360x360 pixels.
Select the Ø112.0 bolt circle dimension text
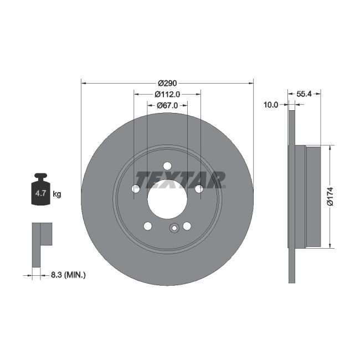point(167,95)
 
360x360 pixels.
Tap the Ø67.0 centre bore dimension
point(167,105)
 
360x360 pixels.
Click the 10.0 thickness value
point(271,104)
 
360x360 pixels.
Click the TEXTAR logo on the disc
point(181,179)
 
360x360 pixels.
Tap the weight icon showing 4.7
point(40,191)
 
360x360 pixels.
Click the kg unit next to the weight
point(56,194)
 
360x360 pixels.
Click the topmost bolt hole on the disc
point(167,164)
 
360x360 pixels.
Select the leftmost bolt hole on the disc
point(135,189)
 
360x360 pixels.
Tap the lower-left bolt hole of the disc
point(147,226)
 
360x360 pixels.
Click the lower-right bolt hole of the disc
point(187,226)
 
